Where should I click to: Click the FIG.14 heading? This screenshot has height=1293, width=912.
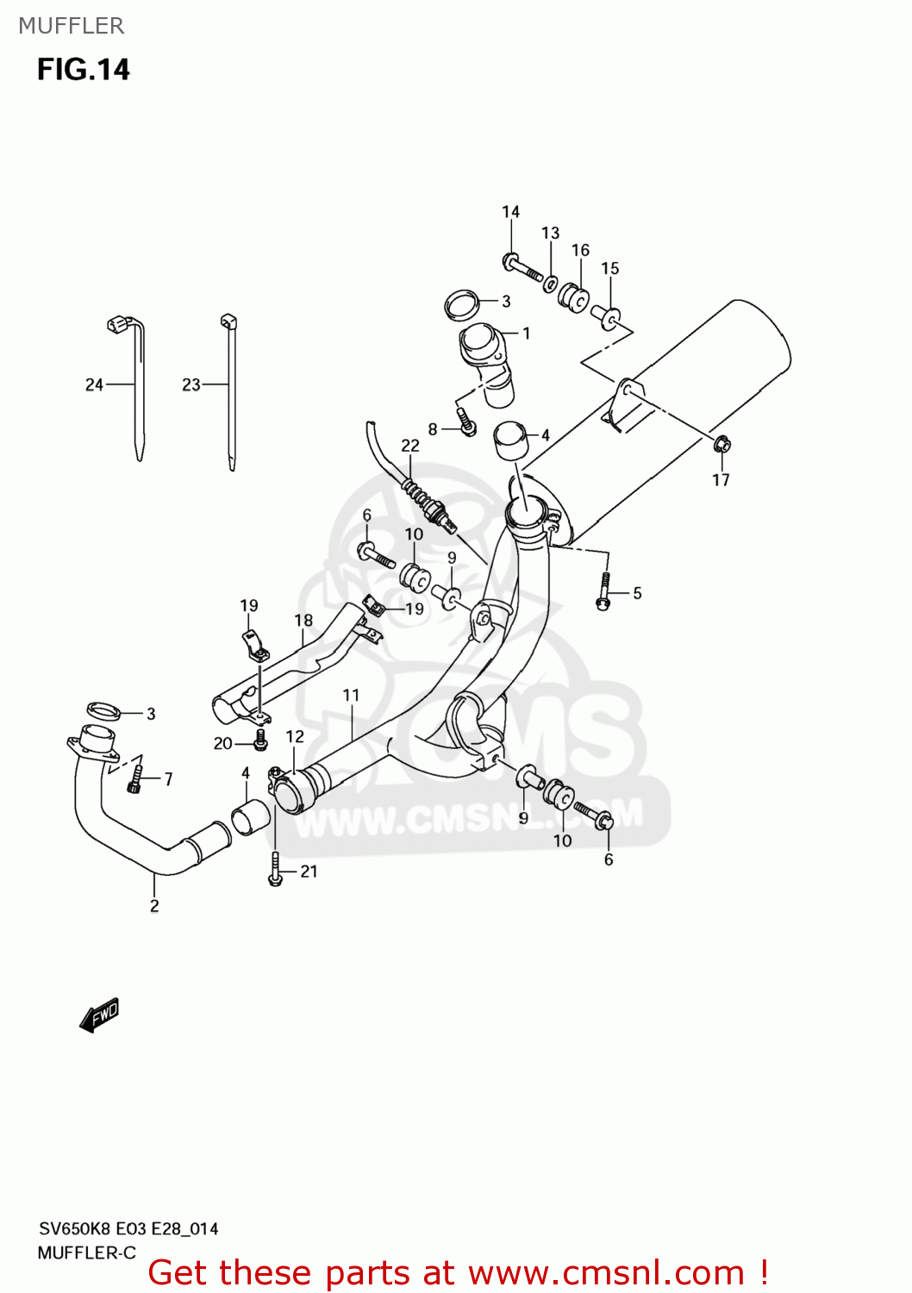coord(83,69)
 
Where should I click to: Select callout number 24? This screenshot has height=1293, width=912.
coord(94,384)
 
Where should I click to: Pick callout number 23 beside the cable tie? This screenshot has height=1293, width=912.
coord(191,384)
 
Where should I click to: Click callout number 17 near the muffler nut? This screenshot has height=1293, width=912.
coord(721,480)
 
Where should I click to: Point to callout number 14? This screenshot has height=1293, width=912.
coord(510,212)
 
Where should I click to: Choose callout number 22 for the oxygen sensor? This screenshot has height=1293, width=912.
coord(410,446)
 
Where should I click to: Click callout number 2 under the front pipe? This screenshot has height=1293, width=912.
coord(154,905)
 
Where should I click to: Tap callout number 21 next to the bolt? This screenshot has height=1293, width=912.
coord(309,871)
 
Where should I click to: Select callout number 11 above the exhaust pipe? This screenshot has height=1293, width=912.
coord(351,695)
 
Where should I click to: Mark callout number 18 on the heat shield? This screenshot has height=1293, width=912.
coord(303,620)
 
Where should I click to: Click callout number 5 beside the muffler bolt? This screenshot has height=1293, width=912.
coord(637,593)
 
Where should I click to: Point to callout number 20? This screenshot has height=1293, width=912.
coord(222,743)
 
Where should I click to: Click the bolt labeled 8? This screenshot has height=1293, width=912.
coord(466,423)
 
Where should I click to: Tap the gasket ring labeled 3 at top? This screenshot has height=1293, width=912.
coord(462,303)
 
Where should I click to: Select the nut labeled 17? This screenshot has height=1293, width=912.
coord(721,445)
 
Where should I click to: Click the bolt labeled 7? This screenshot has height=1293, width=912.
coord(134,778)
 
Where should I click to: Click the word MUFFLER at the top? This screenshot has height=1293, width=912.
coord(71,26)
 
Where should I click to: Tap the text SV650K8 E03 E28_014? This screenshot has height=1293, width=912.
coord(128,1228)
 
